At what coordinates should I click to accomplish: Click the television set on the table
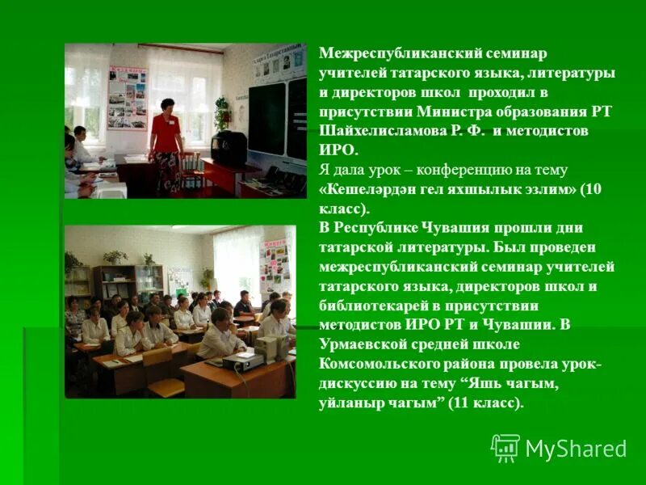(229, 148)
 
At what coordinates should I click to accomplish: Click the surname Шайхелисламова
(383, 131)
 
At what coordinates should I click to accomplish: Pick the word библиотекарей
(368, 306)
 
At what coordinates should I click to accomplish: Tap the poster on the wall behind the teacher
(128, 97)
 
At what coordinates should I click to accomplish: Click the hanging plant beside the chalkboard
(221, 112)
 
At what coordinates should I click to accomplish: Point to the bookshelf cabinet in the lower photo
(117, 283)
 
